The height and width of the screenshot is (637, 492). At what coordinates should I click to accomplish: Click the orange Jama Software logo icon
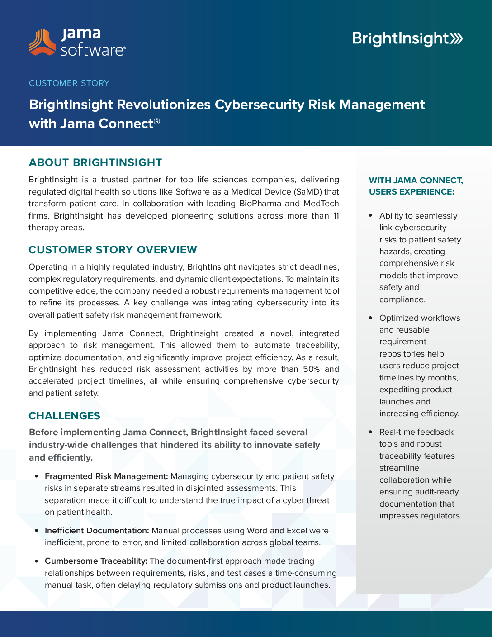point(42,43)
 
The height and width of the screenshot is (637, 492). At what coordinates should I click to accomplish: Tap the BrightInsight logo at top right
point(407,39)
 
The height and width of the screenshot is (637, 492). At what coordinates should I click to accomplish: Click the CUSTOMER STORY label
point(69,83)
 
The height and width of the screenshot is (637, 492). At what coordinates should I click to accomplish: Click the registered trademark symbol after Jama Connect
point(157,121)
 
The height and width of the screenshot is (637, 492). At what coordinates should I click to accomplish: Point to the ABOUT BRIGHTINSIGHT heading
point(95,162)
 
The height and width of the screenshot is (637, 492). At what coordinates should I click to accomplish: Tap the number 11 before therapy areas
point(336,216)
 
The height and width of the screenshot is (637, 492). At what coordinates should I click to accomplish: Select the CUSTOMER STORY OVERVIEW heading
point(113,250)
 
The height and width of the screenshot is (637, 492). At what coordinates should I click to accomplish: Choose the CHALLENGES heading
point(64,416)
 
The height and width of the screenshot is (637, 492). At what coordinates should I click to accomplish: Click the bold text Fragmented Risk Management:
point(106,476)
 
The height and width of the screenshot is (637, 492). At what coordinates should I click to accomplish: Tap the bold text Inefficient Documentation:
point(97,531)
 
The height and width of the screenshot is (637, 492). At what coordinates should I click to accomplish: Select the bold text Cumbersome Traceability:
point(96,561)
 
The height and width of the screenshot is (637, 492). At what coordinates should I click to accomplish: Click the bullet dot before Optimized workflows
point(371,318)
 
